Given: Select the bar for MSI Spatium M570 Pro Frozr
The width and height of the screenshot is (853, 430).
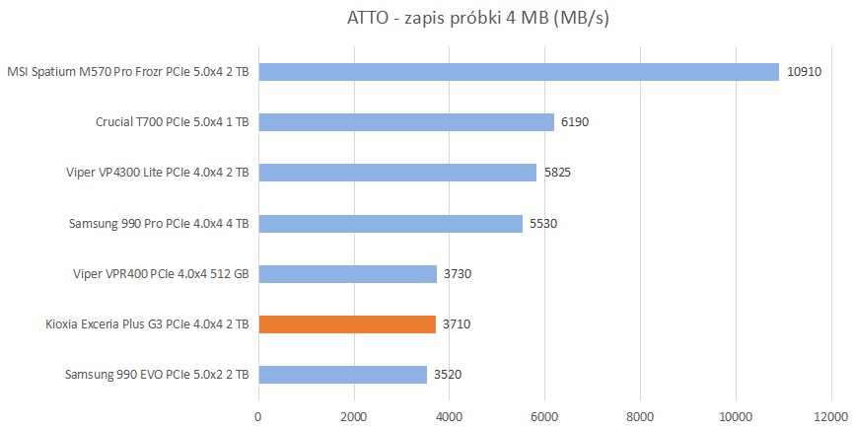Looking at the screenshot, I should click(x=519, y=71).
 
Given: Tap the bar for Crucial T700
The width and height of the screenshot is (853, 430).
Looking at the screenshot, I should click(x=406, y=122).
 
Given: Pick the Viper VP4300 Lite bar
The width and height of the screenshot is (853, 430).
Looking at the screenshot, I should click(x=397, y=173).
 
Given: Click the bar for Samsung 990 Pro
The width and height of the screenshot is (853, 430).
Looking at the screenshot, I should click(x=391, y=224).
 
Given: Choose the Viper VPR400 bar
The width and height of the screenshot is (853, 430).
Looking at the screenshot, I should click(x=347, y=274).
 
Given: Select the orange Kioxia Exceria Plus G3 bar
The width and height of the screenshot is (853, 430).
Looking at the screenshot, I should click(x=347, y=324).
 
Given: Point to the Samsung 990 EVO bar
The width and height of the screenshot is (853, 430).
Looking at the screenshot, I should click(x=342, y=375).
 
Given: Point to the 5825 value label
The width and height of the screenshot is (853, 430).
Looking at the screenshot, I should click(x=557, y=173).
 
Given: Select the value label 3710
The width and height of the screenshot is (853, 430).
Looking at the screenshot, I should click(x=457, y=324).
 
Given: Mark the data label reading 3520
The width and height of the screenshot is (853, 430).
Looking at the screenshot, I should click(x=447, y=375).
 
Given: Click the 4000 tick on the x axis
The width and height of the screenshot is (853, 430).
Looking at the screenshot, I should click(x=450, y=416).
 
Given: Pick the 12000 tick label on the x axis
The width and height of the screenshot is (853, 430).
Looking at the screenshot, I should click(x=830, y=416).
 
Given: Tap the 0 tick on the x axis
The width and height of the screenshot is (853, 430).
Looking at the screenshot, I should click(x=258, y=416).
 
